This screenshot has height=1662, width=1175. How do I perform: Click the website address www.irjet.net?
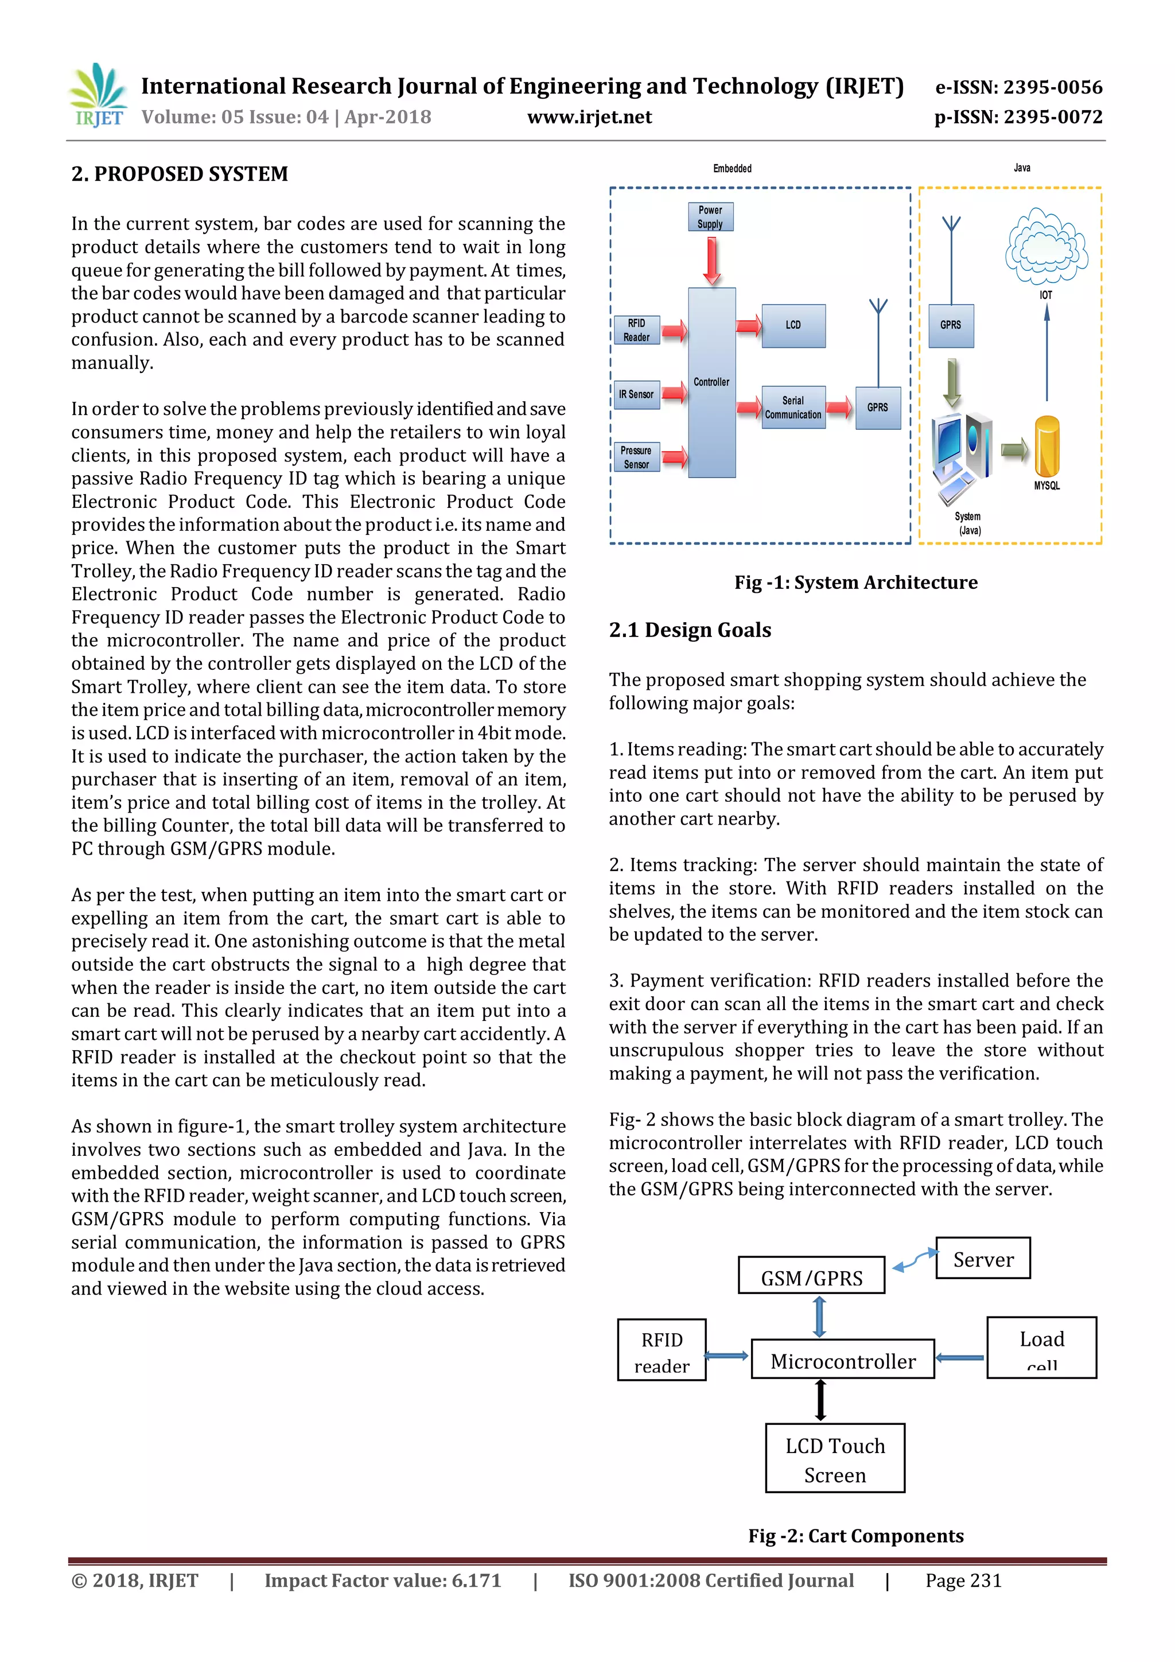point(589,117)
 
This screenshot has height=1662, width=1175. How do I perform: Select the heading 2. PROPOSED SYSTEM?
point(180,174)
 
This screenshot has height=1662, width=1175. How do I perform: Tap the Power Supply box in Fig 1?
point(710,217)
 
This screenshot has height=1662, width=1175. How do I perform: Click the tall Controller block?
point(711,382)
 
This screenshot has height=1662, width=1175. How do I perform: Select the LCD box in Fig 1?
point(793,326)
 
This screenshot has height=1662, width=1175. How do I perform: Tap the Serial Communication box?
point(793,407)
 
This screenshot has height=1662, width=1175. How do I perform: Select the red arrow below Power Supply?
point(712,261)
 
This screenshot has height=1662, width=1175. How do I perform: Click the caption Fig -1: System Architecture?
point(855,583)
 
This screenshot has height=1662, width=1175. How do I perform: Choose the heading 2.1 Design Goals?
point(690,630)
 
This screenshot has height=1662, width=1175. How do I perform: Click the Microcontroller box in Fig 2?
point(842,1361)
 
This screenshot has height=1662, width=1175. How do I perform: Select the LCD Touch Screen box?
point(834,1460)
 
